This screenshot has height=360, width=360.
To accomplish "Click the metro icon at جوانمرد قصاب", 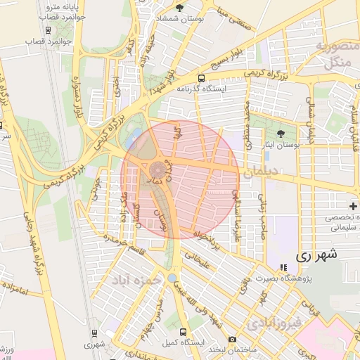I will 48,30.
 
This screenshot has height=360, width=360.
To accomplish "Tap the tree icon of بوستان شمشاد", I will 179,8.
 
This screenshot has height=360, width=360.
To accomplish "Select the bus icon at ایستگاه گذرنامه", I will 202,78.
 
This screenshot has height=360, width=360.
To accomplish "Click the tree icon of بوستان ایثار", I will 281,133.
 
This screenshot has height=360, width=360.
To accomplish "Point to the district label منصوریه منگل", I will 335,54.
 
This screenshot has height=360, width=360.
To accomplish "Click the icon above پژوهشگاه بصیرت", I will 283,267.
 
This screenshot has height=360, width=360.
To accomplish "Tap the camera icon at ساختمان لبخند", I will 233,340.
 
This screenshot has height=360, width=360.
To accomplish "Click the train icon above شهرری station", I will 94,333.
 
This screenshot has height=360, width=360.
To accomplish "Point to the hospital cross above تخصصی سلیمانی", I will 352,206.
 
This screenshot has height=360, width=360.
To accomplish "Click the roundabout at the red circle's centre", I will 156,169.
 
